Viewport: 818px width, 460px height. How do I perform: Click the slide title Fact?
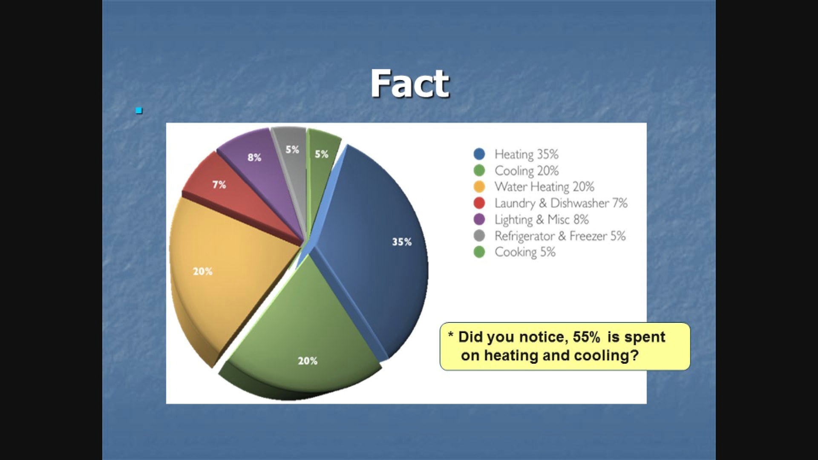click(x=409, y=83)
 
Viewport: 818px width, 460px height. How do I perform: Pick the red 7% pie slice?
click(x=230, y=192)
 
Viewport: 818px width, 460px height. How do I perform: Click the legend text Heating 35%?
click(x=526, y=154)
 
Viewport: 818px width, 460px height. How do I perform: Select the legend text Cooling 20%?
click(x=527, y=171)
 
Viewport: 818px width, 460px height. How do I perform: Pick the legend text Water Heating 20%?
click(x=544, y=187)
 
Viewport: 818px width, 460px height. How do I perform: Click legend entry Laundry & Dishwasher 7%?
click(x=561, y=203)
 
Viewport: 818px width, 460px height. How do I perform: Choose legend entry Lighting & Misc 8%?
click(x=541, y=220)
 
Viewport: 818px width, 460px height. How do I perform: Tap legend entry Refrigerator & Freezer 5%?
click(x=560, y=236)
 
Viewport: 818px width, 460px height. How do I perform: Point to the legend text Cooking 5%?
click(x=525, y=252)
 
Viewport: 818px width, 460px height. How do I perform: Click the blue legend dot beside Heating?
click(x=479, y=154)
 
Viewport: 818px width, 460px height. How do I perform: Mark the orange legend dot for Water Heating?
click(x=479, y=187)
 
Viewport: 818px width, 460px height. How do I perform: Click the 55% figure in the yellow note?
click(x=586, y=337)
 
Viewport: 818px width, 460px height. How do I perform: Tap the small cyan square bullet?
click(x=139, y=111)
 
